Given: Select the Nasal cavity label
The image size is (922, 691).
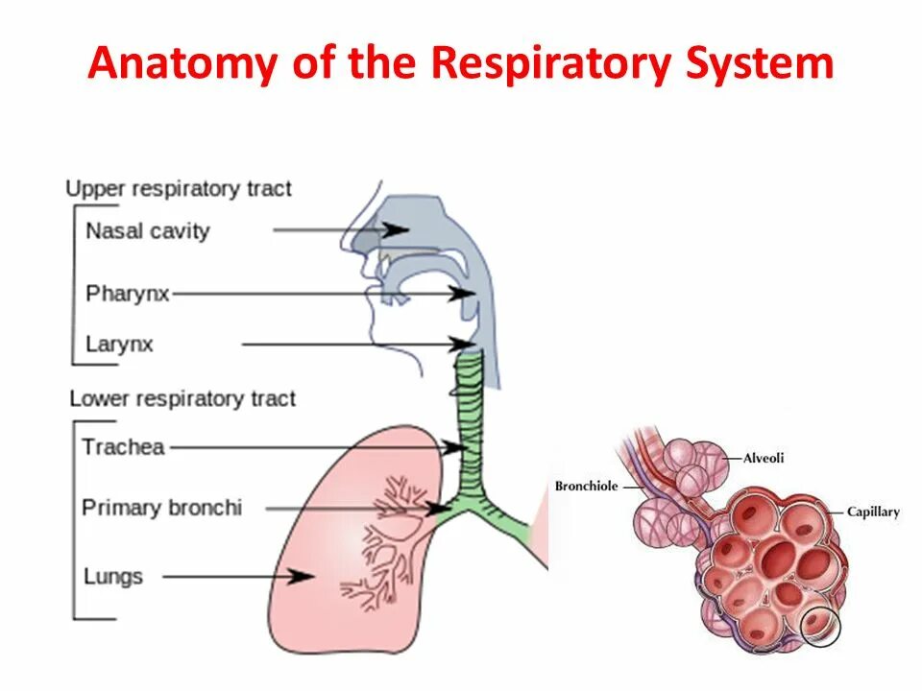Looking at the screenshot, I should pyautogui.click(x=147, y=230).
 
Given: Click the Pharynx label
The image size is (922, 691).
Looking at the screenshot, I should pyautogui.click(x=127, y=293).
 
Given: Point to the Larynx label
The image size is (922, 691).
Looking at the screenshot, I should pyautogui.click(x=119, y=344).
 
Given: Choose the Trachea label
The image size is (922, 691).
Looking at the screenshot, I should pyautogui.click(x=123, y=446).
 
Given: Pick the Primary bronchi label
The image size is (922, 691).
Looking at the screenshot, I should pyautogui.click(x=161, y=508).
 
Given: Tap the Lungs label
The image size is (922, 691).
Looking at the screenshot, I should pyautogui.click(x=112, y=577).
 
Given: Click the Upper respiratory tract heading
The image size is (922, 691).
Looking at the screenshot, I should pyautogui.click(x=179, y=188).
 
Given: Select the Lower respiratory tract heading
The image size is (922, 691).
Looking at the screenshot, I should pyautogui.click(x=182, y=398).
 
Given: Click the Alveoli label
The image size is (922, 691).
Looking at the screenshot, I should pyautogui.click(x=764, y=458).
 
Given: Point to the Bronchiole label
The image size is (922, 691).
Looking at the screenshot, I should pyautogui.click(x=586, y=487).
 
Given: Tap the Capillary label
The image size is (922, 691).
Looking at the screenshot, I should pyautogui.click(x=873, y=512).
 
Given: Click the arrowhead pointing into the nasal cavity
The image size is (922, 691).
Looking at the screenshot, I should pyautogui.click(x=398, y=230).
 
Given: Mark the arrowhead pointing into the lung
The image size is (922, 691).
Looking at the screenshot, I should pyautogui.click(x=305, y=577).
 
